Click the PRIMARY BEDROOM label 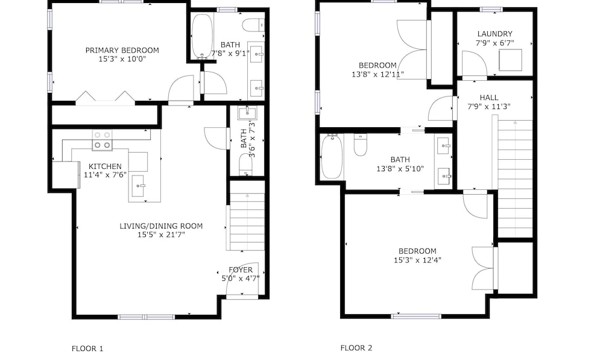click(122, 51)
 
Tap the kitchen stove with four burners click(103, 140)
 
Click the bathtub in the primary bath click(202, 37)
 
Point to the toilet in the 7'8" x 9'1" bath click(253, 25)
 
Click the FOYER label click(241, 270)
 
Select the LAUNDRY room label click(494, 34)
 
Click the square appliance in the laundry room click(510, 60)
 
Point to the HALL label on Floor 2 click(489, 98)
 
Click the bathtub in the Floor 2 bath click(332, 157)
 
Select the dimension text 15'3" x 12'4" click(417, 260)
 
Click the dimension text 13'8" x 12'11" click(377, 74)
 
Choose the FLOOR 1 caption click(87, 349)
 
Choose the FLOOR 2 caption click(356, 348)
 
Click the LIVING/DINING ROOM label click(161, 226)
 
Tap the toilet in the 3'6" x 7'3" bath click(246, 164)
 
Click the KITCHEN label click(105, 166)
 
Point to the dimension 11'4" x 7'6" click(105, 175)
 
